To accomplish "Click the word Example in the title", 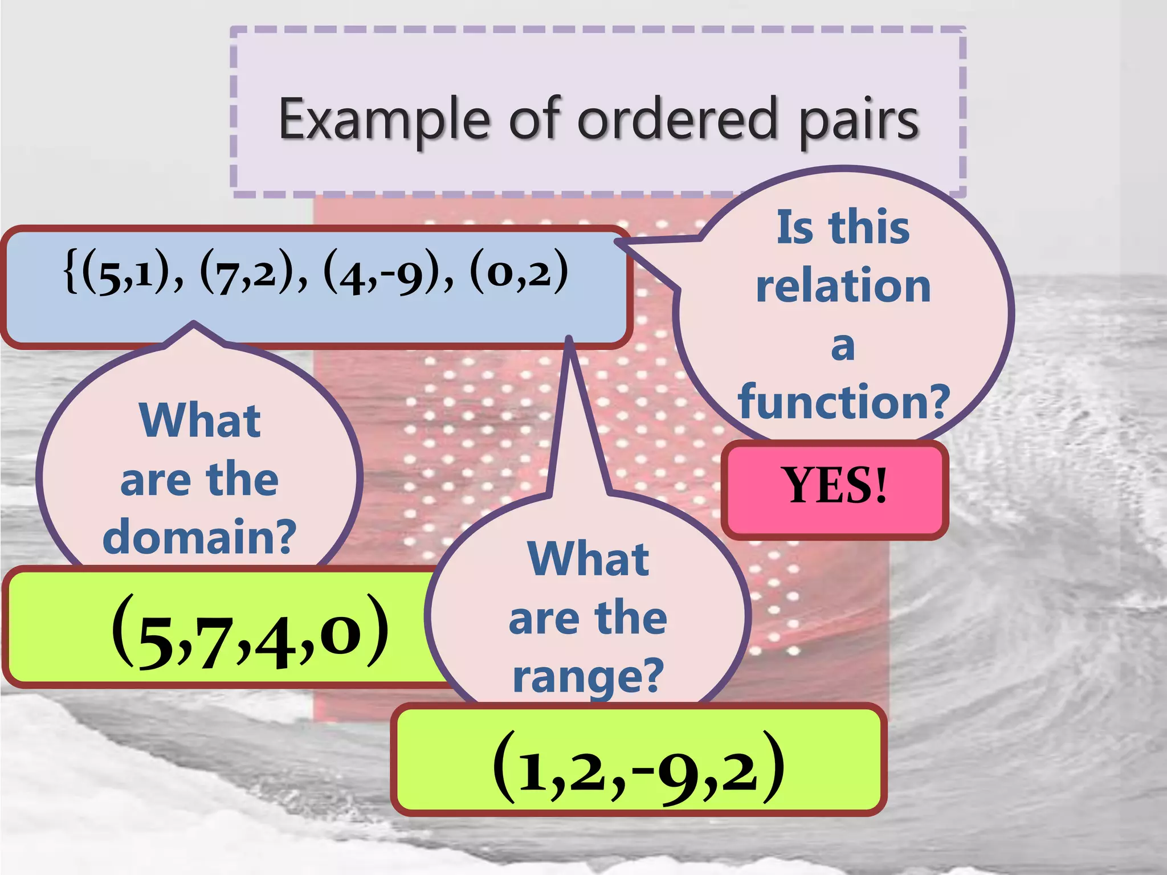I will click(x=383, y=120).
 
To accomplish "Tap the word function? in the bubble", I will click(x=843, y=402).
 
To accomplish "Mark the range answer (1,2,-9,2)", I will click(x=638, y=769).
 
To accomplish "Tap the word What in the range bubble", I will click(x=588, y=559).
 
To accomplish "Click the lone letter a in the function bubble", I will click(x=843, y=346).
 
